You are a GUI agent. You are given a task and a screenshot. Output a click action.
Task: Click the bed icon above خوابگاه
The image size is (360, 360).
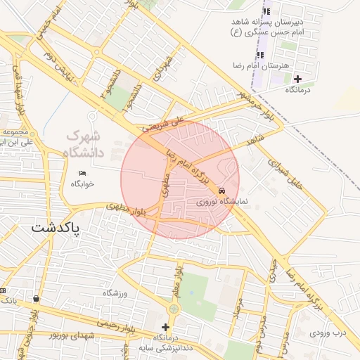(83, 173)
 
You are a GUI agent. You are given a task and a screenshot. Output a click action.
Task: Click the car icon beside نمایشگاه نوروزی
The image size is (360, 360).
(222, 191)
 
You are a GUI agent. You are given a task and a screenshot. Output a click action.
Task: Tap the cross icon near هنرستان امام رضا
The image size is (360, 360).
(298, 79)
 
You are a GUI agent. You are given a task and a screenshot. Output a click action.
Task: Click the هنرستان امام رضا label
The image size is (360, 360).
(256, 65)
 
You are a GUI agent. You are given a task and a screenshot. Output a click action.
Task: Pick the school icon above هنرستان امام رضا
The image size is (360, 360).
(260, 55)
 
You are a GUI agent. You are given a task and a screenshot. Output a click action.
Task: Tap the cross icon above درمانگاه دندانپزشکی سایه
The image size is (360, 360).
(166, 327)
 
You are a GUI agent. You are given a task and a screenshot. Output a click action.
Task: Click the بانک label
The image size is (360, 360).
(8, 300)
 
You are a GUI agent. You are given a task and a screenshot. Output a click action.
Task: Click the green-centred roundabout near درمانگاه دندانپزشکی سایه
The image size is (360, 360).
(174, 309)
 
